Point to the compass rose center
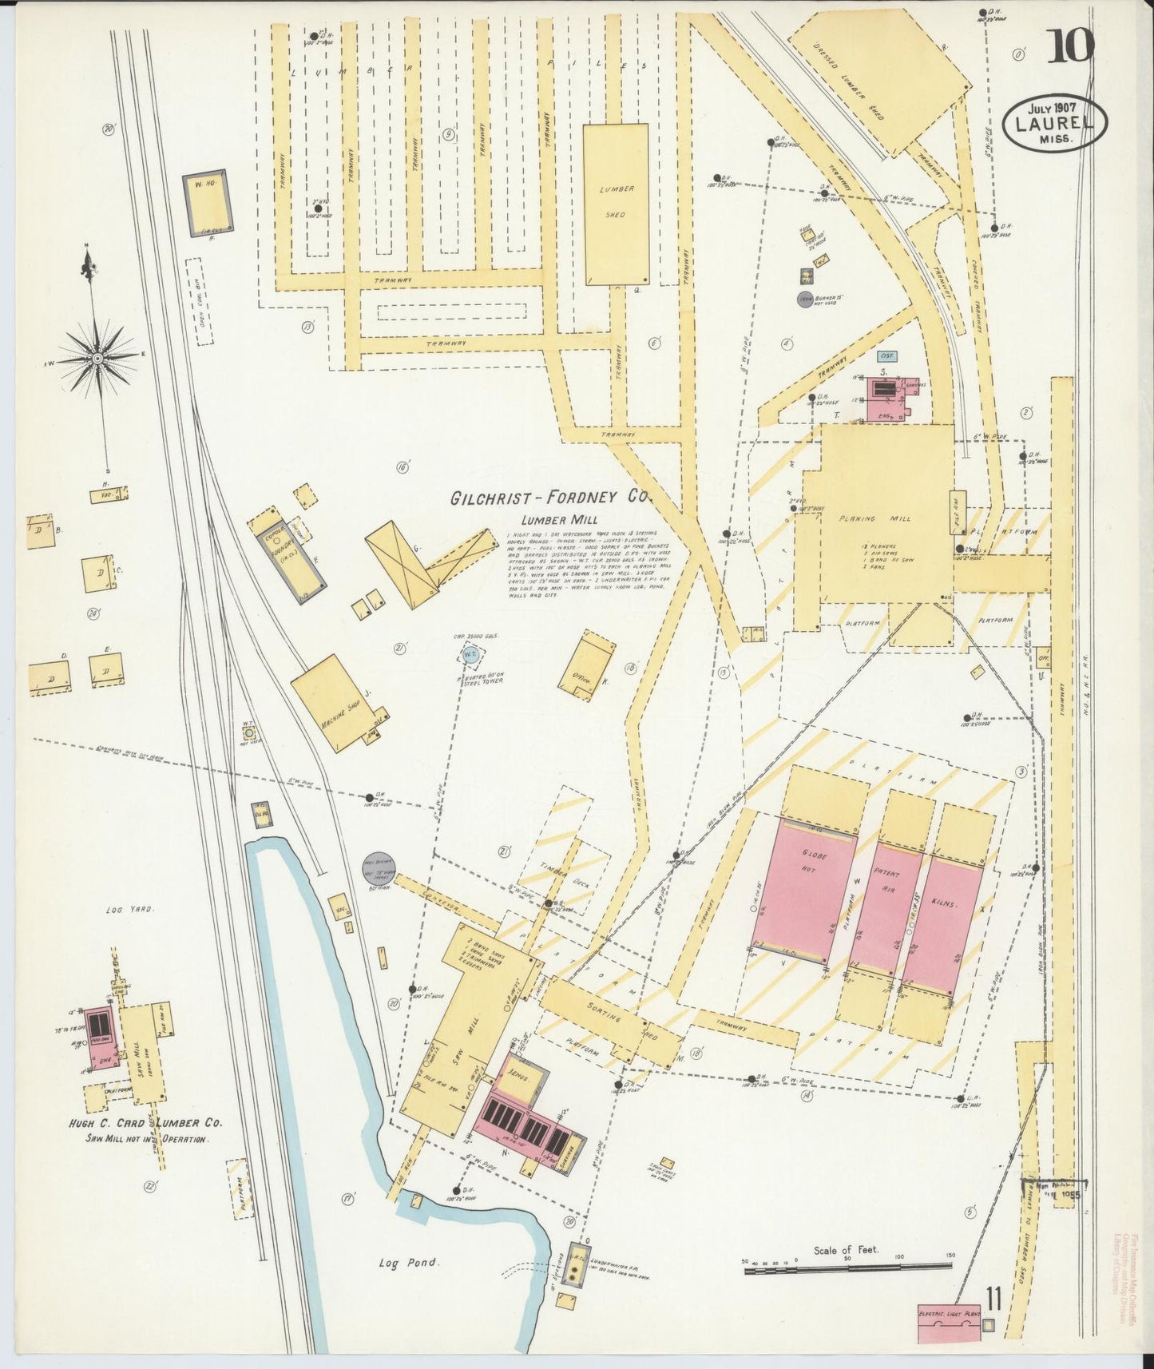tap(97, 359)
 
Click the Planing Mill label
tap(874, 518)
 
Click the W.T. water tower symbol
tap(469, 655)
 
